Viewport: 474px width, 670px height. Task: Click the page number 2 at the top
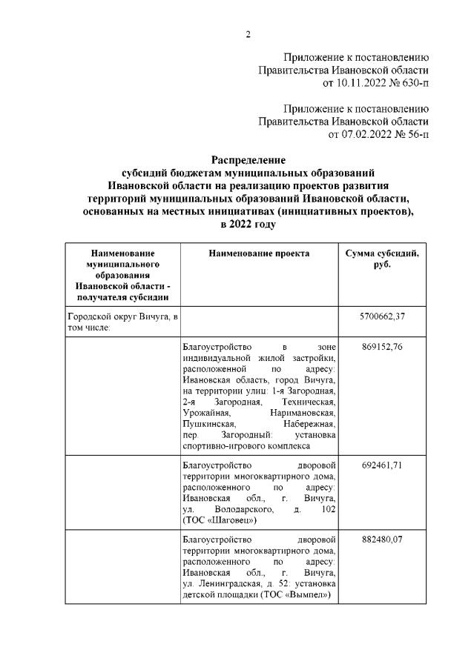click(248, 34)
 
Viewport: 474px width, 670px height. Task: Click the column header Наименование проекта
click(259, 253)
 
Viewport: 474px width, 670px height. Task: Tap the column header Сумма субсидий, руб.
click(382, 259)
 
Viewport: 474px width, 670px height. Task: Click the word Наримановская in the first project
click(304, 412)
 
